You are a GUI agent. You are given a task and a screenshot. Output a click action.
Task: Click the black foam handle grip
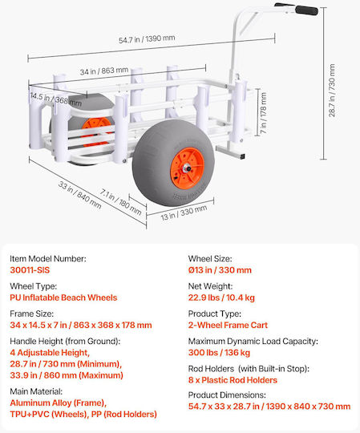pos(306,10)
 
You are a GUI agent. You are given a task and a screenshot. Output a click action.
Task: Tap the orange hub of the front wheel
pos(187,168)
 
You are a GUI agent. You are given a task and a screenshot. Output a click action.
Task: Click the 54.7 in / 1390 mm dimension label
pos(147,39)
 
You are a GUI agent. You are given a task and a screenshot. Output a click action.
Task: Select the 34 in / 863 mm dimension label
pos(104,71)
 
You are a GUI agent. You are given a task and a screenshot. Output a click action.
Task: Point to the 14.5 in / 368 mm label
pos(56,99)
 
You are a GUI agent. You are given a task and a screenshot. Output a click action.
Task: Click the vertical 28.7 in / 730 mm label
pos(332,91)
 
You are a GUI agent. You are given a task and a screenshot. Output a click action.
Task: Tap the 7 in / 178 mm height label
pos(263,113)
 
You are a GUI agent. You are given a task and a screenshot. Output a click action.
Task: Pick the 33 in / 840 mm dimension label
pos(80,195)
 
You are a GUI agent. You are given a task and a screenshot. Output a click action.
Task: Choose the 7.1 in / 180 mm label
pos(120,202)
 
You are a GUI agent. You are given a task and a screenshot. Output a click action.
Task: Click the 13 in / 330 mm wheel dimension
pos(184,212)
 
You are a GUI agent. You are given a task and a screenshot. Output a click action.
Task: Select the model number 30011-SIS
pos(30,269)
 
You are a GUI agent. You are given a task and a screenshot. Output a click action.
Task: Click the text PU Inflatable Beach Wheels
pos(63,297)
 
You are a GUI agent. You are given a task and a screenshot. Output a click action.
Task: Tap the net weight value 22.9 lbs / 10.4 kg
pos(221,297)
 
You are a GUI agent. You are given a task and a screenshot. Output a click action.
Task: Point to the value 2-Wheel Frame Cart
pos(228,325)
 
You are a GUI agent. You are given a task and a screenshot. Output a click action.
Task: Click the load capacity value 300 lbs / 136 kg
pos(219,353)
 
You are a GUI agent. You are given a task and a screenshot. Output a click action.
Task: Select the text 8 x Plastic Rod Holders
pos(233,380)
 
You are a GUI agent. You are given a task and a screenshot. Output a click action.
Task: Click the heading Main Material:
pos(36,391)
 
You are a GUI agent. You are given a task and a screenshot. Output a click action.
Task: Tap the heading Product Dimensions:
pos(227,395)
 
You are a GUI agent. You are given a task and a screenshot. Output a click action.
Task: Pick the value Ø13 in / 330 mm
pos(220,269)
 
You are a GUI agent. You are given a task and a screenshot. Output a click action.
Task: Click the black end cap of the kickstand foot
pos(243,156)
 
